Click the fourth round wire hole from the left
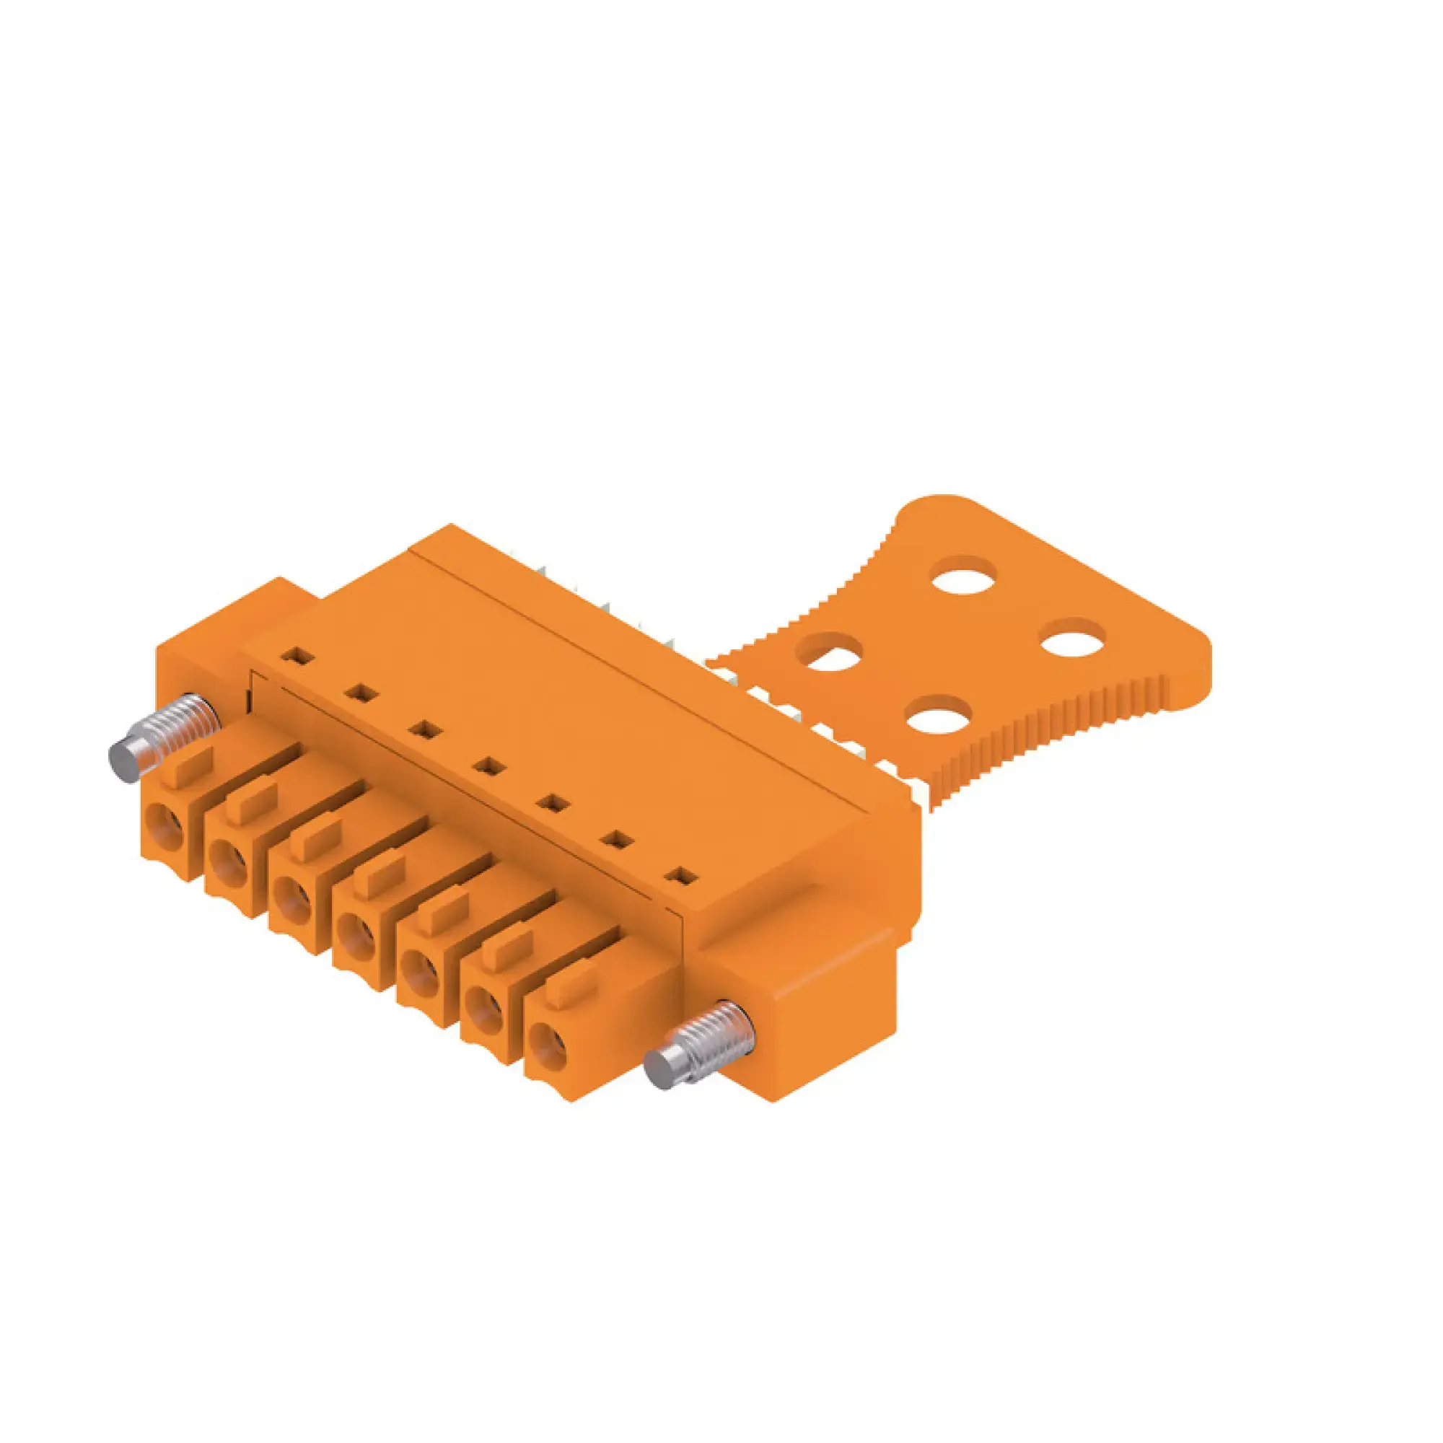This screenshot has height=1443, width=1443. pyautogui.click(x=357, y=933)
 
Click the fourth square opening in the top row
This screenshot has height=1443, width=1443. pyautogui.click(x=488, y=766)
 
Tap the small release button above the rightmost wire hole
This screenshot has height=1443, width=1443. pyautogui.click(x=572, y=985)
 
